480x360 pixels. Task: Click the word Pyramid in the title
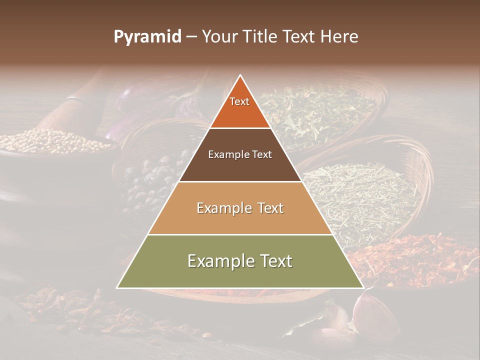point(147,37)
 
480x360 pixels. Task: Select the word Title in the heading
point(260,37)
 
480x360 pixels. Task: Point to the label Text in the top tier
point(239,101)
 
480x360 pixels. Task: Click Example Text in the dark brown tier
point(240,154)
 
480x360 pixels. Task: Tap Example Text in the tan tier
point(240,208)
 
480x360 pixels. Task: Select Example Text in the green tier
point(240,261)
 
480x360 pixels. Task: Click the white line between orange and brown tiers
point(240,128)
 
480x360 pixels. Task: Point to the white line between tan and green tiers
point(240,234)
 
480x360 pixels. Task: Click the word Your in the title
point(219,37)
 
